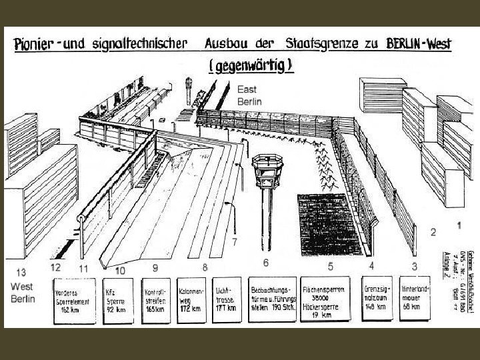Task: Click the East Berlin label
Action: tap(249, 95)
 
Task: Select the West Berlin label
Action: tap(23, 293)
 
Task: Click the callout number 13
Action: tap(22, 272)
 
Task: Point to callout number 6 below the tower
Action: tap(265, 261)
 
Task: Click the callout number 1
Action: tap(459, 225)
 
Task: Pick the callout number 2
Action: tap(434, 232)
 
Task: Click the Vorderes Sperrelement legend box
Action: tap(75, 300)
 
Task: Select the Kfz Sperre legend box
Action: tap(118, 300)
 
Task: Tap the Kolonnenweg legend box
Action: tap(193, 300)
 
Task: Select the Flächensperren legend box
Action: tap(327, 300)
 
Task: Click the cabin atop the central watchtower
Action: tap(266, 170)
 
